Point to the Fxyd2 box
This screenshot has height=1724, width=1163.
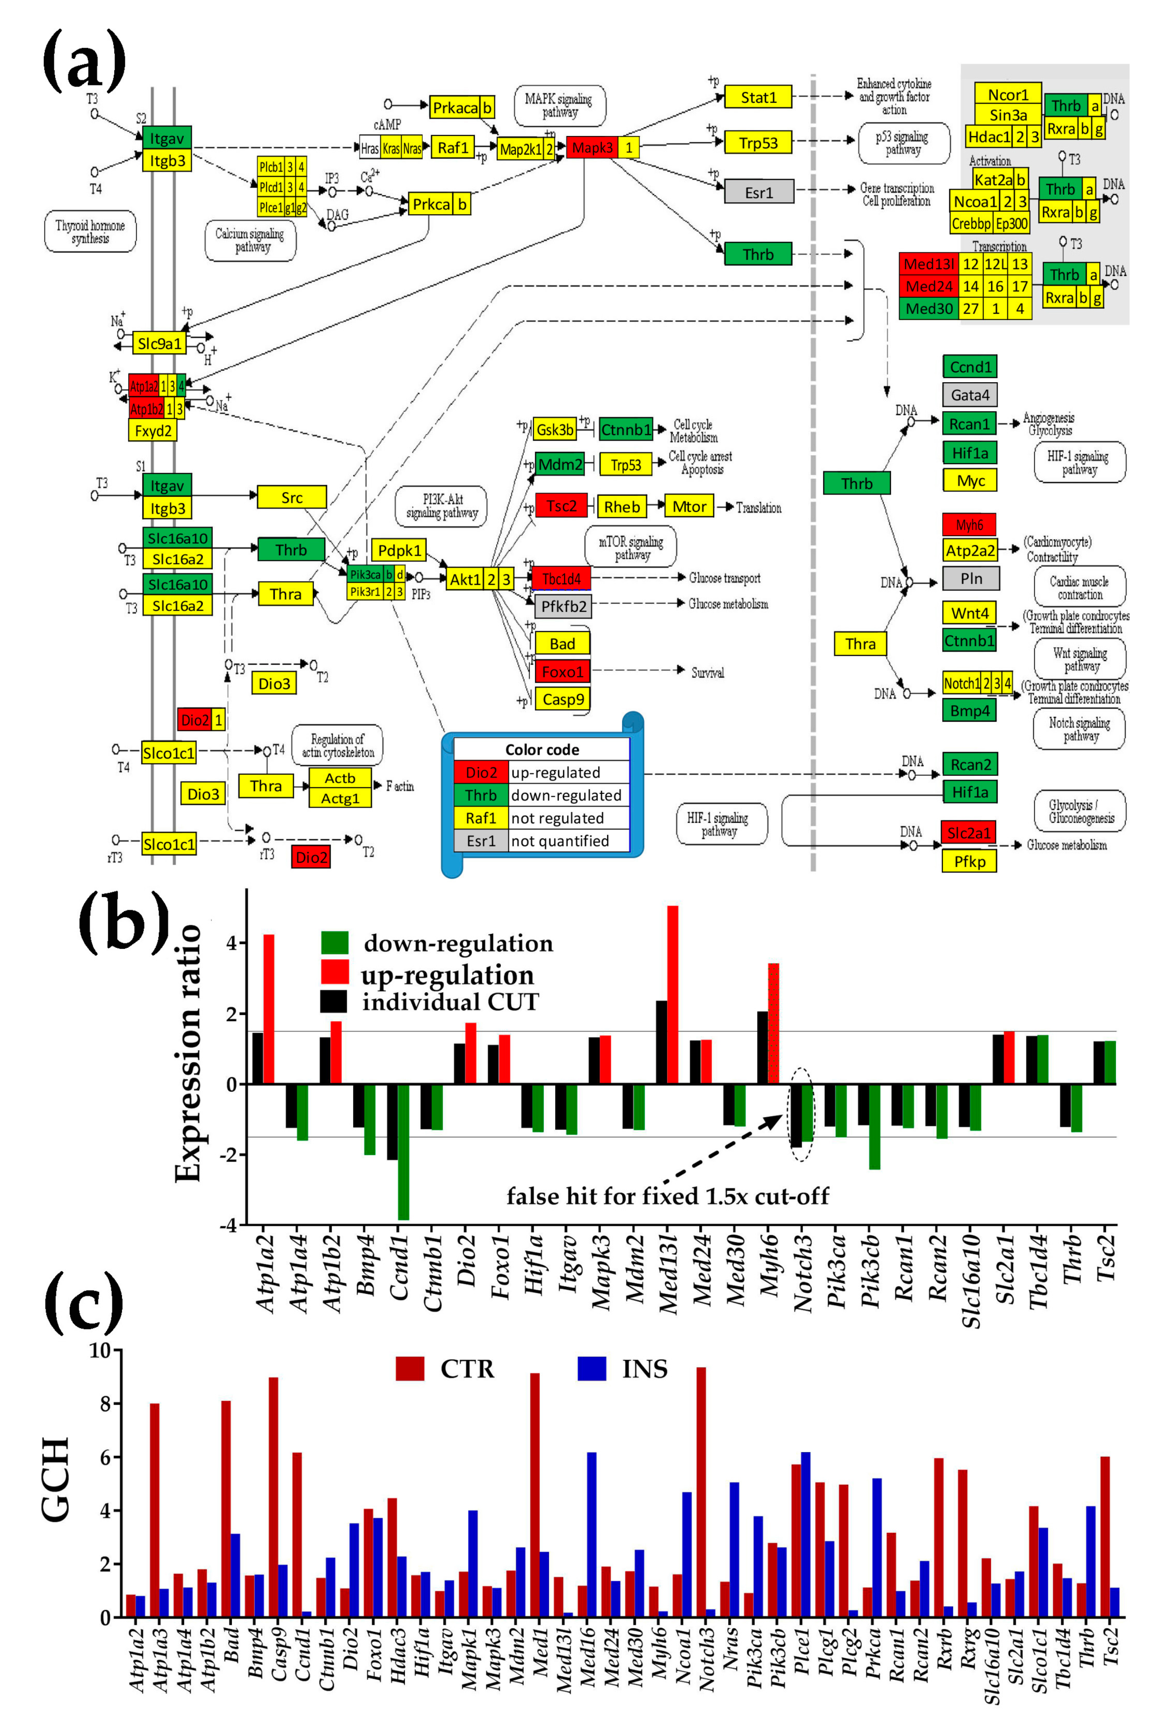[x=153, y=430]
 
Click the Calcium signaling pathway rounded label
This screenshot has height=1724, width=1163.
[x=250, y=240]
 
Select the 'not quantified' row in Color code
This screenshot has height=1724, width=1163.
[x=541, y=840]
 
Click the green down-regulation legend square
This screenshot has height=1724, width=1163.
[x=334, y=943]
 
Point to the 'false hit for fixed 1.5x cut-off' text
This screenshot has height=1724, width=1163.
[x=667, y=1196]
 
